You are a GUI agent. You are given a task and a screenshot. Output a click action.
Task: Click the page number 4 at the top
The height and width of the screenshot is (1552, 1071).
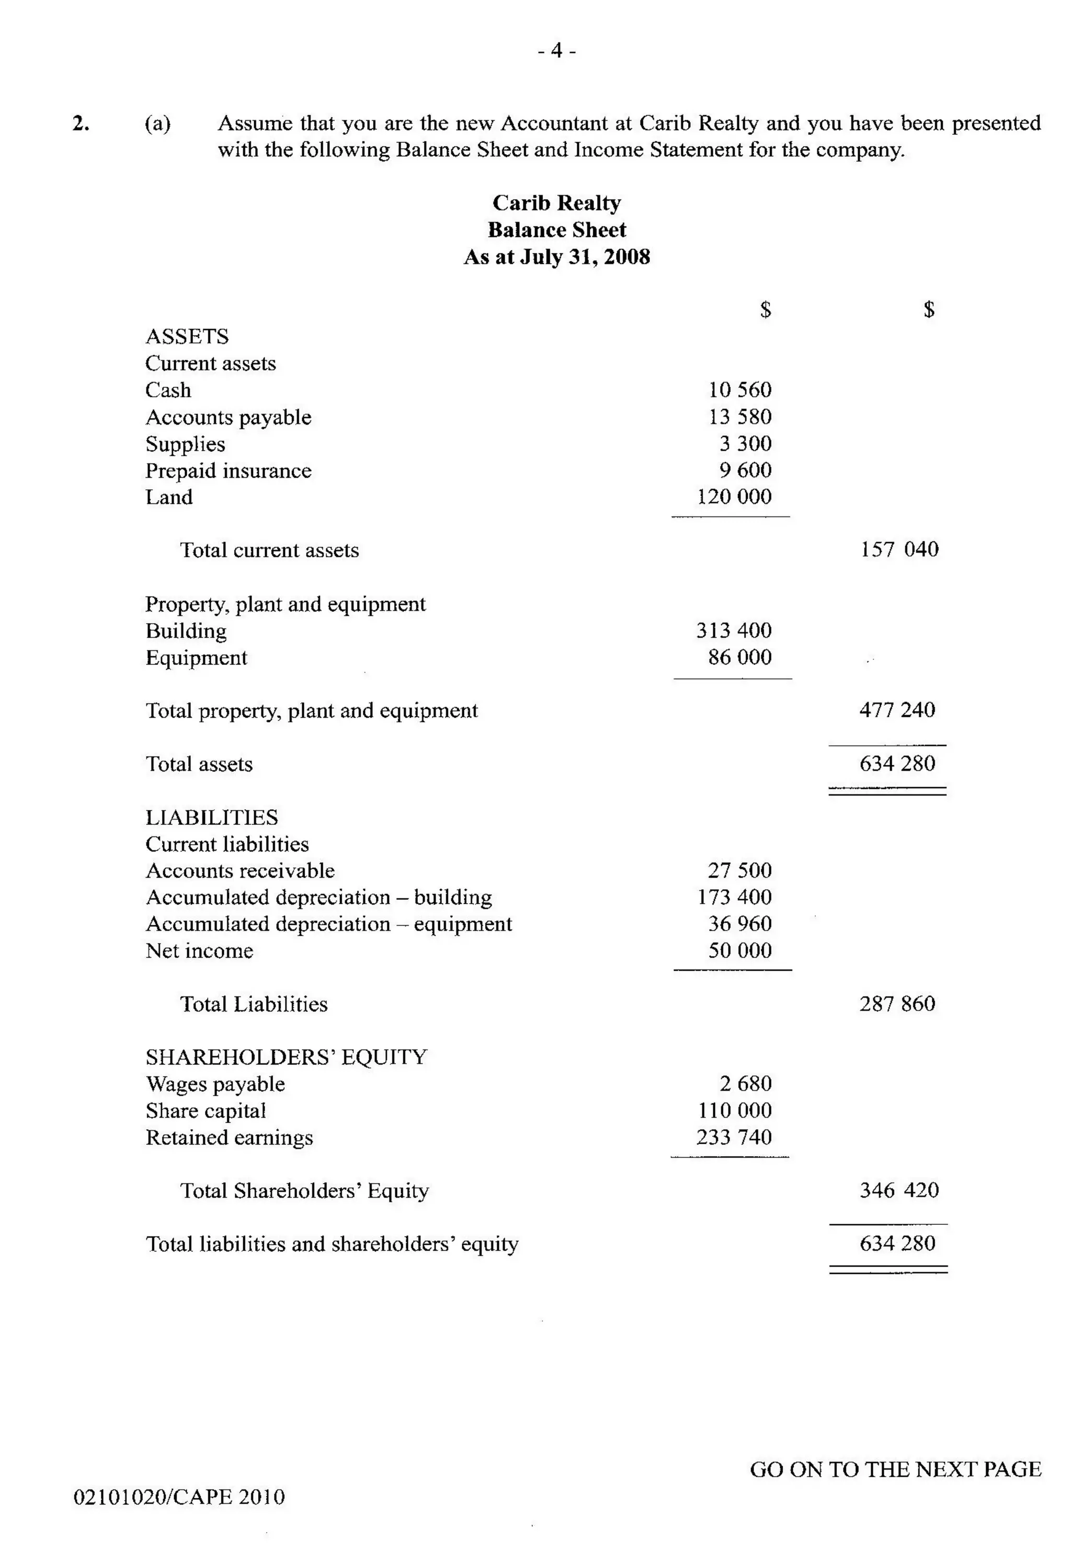[556, 51]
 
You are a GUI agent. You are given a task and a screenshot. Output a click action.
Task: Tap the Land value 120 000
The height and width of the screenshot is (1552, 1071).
[734, 497]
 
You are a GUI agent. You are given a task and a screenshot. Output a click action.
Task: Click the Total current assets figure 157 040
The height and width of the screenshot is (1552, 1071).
[899, 549]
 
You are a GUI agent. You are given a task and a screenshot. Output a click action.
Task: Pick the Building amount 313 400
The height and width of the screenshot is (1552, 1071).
[734, 630]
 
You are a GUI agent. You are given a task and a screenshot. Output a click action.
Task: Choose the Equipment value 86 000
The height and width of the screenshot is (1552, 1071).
[739, 657]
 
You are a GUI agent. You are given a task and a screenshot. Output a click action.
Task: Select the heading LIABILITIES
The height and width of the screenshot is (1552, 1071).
[211, 817]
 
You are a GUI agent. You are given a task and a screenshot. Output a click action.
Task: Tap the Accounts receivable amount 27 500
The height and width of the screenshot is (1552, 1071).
[739, 870]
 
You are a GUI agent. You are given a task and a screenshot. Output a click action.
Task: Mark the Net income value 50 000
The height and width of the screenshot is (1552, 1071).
[739, 950]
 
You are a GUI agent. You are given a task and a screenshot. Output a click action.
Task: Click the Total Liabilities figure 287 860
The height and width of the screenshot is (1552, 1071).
[897, 1004]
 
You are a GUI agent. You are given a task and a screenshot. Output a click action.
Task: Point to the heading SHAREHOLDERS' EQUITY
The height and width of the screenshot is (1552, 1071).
[286, 1057]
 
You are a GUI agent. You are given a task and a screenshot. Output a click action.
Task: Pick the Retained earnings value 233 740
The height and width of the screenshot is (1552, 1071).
[734, 1137]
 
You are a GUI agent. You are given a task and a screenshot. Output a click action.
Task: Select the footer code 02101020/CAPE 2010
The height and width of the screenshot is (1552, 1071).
[179, 1497]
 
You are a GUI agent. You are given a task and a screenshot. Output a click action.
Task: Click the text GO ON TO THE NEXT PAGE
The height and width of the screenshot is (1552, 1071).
[895, 1469]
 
